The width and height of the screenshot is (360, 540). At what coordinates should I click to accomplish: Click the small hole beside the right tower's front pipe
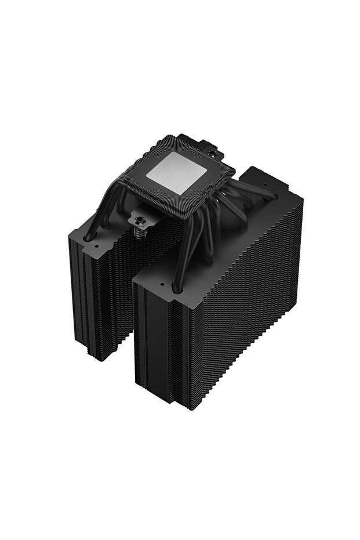pyautogui.click(x=161, y=286)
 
